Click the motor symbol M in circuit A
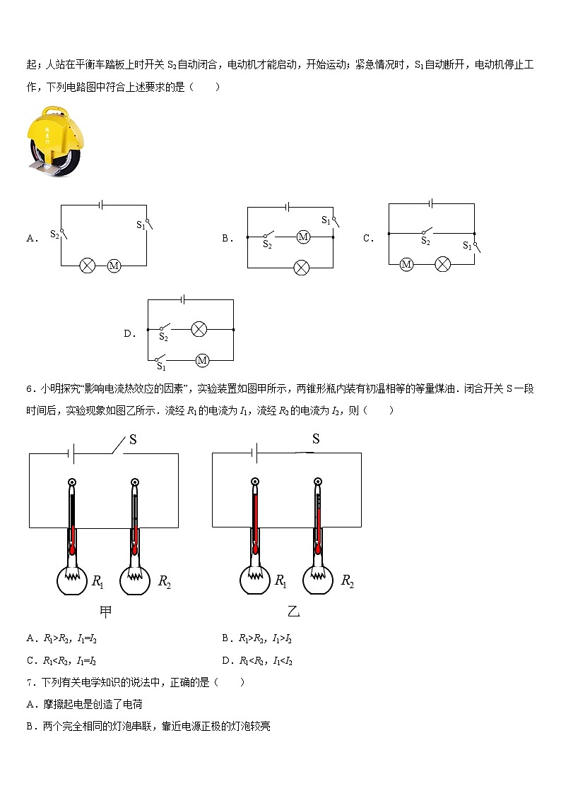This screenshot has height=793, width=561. [x=114, y=266]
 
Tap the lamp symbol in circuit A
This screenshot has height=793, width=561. [x=88, y=266]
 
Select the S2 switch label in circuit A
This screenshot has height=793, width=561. [x=54, y=233]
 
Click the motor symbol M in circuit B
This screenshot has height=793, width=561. [x=304, y=237]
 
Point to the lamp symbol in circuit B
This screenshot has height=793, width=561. [x=302, y=268]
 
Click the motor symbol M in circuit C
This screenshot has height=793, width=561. [x=406, y=264]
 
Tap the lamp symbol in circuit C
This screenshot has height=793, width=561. [x=442, y=264]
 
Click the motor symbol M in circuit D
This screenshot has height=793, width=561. [x=202, y=360]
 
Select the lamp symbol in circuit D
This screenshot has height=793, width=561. [x=199, y=329]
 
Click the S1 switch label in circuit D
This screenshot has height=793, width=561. [x=161, y=366]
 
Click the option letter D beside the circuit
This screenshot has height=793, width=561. [x=129, y=334]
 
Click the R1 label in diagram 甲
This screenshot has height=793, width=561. [x=98, y=582]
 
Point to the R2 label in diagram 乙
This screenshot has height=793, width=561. [x=348, y=581]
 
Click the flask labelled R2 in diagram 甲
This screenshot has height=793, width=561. [x=134, y=580]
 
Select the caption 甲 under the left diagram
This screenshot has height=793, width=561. [x=106, y=612]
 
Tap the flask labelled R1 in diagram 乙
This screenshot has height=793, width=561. [x=254, y=580]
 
